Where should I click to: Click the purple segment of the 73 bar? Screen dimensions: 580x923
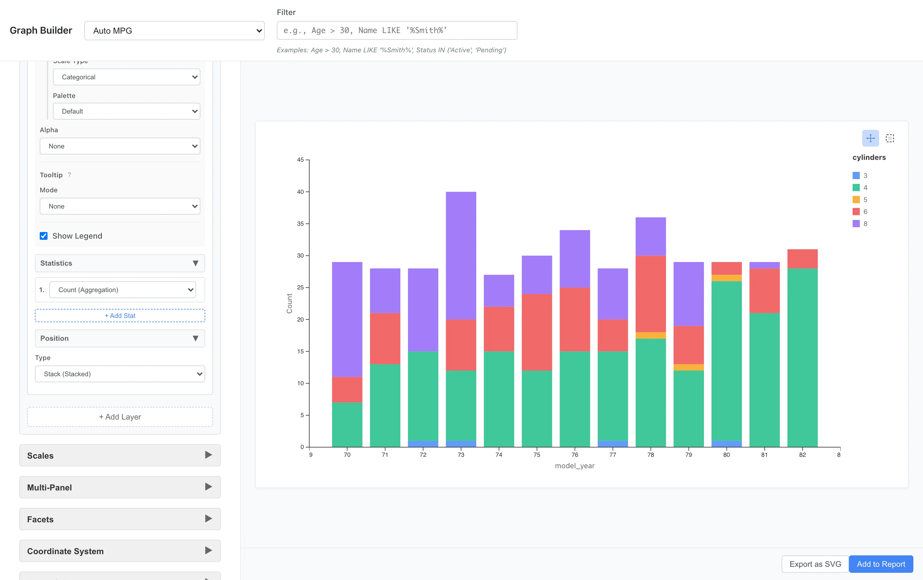461,255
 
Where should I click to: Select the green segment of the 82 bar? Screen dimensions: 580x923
802,357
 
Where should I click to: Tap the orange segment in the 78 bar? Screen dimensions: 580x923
650,335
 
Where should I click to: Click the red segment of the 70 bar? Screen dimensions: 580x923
347,389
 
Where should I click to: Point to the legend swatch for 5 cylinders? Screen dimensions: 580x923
856,200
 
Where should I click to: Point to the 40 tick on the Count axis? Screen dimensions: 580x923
301,192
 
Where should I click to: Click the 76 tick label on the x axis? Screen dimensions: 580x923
575,455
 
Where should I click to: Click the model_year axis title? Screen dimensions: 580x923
575,466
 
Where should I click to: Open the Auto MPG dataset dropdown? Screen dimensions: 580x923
174,31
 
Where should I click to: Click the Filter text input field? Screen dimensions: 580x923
397,30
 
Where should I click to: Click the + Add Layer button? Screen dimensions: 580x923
120,417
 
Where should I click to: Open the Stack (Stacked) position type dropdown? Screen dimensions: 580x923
120,374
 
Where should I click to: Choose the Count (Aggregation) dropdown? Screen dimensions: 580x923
123,290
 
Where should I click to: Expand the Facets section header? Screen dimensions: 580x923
120,519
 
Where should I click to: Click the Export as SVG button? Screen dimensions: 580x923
815,564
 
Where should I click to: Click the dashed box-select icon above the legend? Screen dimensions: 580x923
890,138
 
